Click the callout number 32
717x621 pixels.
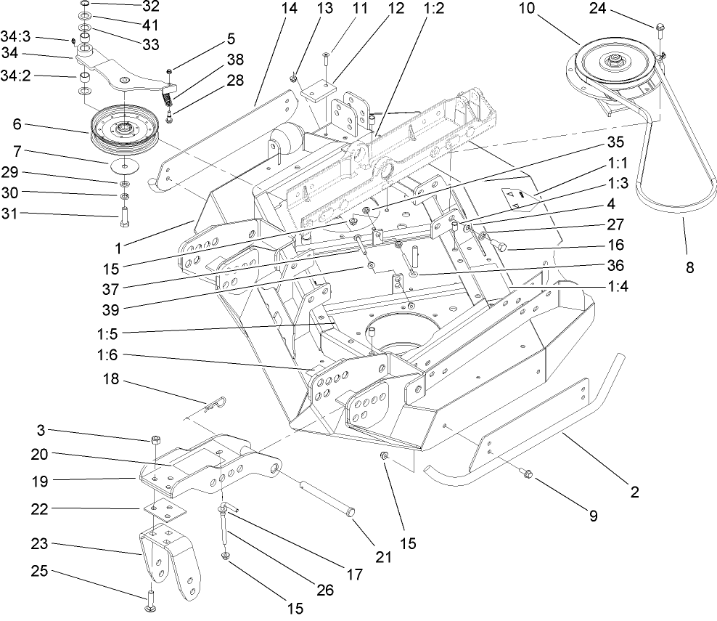[150, 7]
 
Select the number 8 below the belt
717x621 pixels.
[689, 267]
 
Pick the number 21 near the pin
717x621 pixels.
[383, 557]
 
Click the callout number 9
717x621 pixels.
[593, 516]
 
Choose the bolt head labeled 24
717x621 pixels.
[660, 28]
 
